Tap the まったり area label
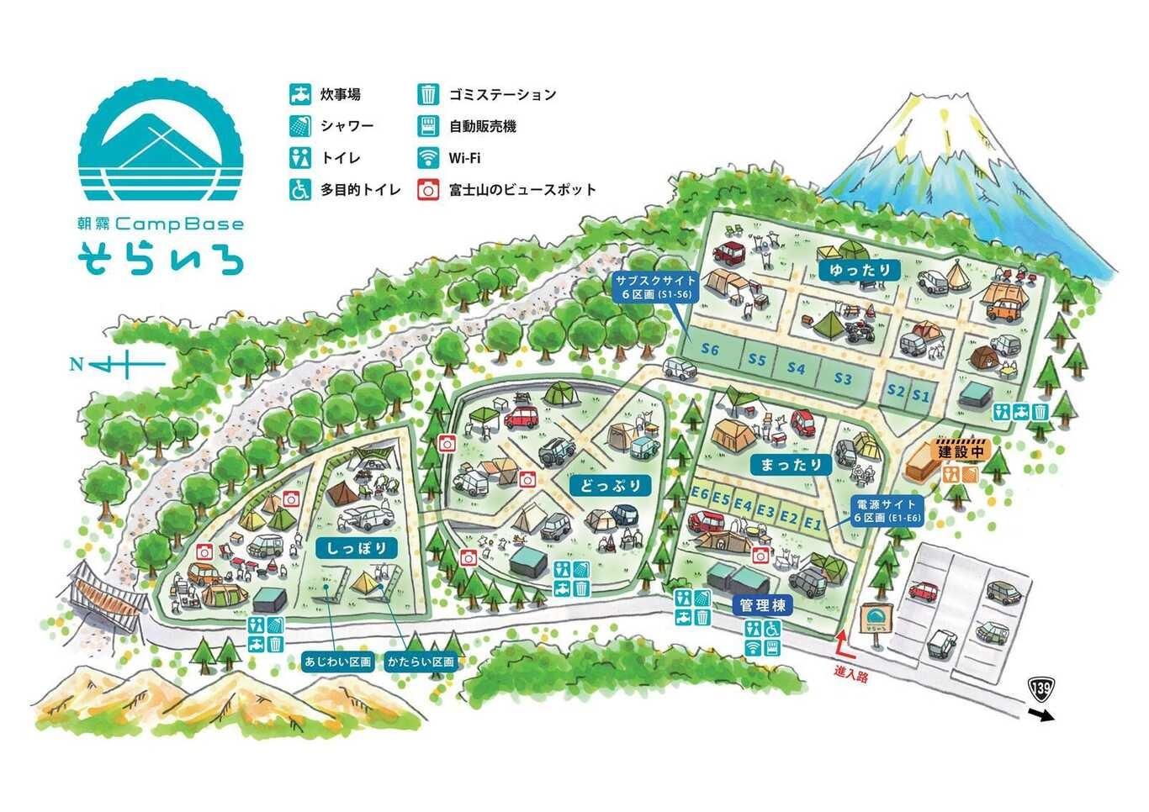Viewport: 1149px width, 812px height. click(x=791, y=465)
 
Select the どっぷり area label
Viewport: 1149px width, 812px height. click(x=612, y=486)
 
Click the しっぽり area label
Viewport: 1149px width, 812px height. click(x=357, y=548)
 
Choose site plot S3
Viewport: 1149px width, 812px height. click(x=842, y=378)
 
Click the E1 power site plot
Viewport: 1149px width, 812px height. click(x=812, y=524)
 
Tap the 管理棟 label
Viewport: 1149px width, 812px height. click(x=762, y=605)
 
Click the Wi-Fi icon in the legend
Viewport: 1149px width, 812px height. click(x=429, y=158)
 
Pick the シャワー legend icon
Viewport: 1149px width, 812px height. click(x=300, y=126)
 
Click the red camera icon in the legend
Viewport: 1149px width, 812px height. click(x=429, y=190)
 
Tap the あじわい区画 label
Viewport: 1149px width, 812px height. click(x=337, y=662)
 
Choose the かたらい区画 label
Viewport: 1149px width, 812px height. click(x=421, y=662)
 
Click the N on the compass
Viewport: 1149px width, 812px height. click(x=77, y=365)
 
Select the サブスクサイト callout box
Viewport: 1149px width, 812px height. click(x=655, y=287)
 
